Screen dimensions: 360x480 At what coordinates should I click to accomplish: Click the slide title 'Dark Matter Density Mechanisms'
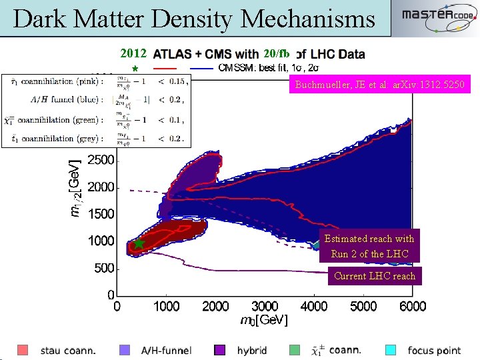tap(194, 19)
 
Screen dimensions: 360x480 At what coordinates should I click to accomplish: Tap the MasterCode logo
tap(437, 19)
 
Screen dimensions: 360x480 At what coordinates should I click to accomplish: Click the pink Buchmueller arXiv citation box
tap(380, 85)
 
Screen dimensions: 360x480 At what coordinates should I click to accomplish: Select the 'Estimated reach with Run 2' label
tap(369, 246)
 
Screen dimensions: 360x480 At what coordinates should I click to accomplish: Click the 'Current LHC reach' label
tap(374, 276)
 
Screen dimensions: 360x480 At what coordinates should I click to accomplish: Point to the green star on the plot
tap(139, 244)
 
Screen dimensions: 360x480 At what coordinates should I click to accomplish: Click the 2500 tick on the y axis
tap(101, 161)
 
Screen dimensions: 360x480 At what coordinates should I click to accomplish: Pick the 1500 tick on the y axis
tap(101, 214)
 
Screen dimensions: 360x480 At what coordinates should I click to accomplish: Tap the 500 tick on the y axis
tap(104, 268)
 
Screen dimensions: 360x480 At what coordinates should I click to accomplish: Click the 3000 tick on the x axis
tap(265, 307)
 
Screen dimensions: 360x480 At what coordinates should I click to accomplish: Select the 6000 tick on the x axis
tap(413, 307)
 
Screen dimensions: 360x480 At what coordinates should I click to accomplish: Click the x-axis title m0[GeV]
tap(264, 321)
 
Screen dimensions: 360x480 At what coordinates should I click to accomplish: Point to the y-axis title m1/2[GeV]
tap(77, 187)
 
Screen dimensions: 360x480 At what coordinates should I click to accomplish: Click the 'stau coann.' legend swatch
tap(23, 350)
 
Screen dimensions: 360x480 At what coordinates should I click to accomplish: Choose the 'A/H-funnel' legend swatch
tap(125, 350)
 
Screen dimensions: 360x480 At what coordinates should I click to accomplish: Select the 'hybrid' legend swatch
tap(220, 350)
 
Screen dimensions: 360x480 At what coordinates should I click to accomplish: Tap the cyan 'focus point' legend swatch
tap(391, 350)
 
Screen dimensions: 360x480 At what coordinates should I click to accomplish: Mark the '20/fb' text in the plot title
tap(276, 53)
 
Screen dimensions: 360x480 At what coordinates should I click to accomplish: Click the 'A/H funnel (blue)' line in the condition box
tap(96, 100)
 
